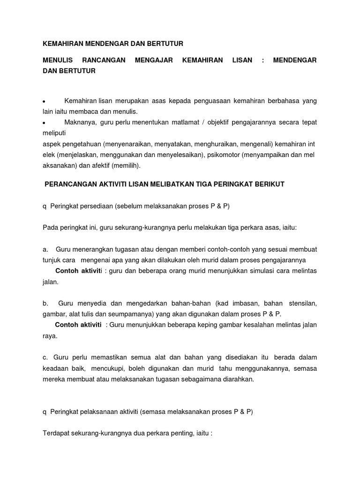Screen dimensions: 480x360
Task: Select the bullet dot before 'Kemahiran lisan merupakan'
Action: coord(44,102)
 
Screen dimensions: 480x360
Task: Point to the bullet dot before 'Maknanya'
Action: coord(44,123)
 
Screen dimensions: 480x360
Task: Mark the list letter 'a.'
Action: coord(45,249)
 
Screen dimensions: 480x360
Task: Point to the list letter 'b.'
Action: coord(45,303)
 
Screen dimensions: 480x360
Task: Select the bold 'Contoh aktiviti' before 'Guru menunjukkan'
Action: coord(78,325)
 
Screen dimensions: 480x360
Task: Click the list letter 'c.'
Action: coord(45,357)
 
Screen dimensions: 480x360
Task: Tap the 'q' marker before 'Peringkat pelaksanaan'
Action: coord(45,412)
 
